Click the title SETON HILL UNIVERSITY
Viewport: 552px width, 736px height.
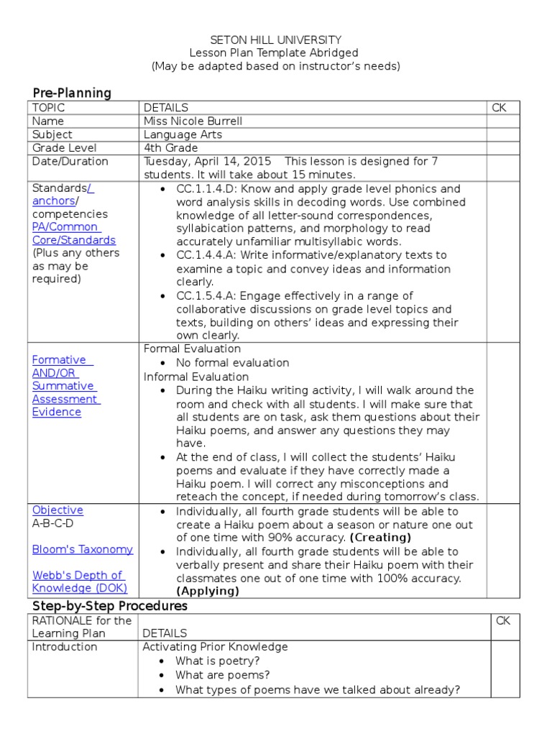coord(275,40)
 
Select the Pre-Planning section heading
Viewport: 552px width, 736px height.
coord(72,93)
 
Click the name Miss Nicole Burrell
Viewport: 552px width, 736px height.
coord(193,121)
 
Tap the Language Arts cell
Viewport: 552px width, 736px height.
coord(183,134)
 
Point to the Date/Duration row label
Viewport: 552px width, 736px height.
coord(70,161)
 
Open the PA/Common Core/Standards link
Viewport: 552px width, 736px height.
coord(73,234)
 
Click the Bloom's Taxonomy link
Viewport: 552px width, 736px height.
coord(83,549)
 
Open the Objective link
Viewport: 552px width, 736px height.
coord(57,510)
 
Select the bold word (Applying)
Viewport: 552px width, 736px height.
coord(208,592)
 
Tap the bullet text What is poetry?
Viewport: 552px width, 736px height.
coord(218,661)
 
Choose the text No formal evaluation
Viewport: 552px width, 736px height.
coord(232,363)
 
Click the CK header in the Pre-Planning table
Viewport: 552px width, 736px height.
coord(500,108)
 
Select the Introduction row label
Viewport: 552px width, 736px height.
coord(65,647)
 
